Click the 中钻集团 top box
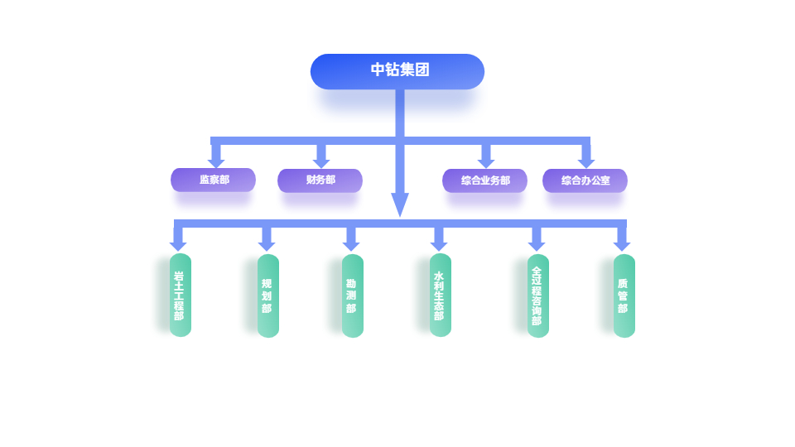(x=397, y=71)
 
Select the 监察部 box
(x=213, y=180)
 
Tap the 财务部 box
(x=320, y=180)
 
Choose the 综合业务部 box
(x=484, y=180)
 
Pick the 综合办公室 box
(x=585, y=180)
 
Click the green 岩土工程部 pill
(x=180, y=296)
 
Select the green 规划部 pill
(x=267, y=296)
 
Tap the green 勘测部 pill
(x=352, y=296)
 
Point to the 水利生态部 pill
(x=440, y=295)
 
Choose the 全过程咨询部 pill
(x=537, y=296)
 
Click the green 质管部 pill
(x=624, y=296)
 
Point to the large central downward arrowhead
(x=400, y=204)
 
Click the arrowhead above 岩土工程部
(x=178, y=245)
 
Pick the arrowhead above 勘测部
(x=351, y=245)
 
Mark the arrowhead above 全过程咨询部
(x=537, y=245)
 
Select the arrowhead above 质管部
(x=622, y=245)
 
